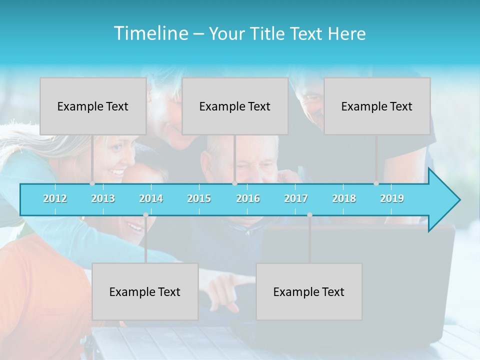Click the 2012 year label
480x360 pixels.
55,198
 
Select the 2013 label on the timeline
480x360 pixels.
103,198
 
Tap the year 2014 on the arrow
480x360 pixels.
151,198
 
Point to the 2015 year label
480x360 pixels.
199,198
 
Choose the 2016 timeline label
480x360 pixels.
248,198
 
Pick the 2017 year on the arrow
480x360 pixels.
296,198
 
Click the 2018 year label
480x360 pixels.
344,198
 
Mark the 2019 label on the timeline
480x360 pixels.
392,198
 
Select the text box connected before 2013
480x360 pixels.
93,106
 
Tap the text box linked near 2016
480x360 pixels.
235,106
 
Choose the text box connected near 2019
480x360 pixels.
377,106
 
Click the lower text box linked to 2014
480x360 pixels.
145,291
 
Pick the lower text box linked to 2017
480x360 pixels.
309,291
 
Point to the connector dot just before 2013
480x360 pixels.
92,183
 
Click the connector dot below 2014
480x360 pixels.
145,215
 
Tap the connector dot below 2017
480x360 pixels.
309,215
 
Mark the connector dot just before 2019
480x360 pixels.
376,183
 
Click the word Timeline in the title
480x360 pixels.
150,33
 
